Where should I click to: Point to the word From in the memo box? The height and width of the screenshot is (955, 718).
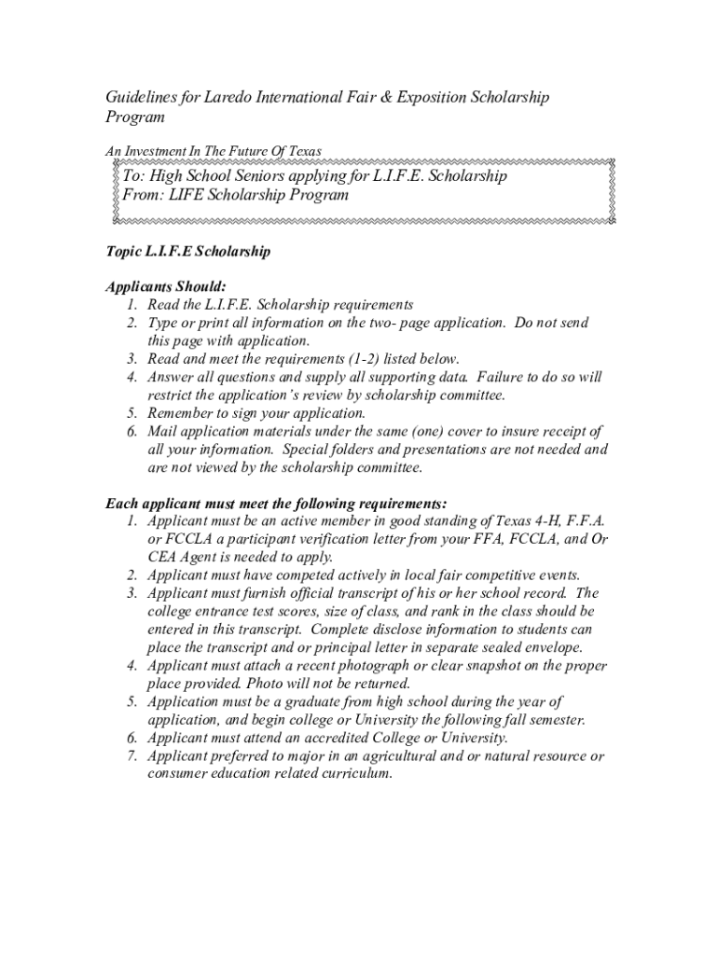click(x=144, y=195)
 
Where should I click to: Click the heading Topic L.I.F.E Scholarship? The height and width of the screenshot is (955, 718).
click(x=188, y=252)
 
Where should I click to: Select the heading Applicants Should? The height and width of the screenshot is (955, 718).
click(x=166, y=287)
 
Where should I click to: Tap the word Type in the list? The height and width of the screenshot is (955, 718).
click(x=164, y=323)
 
